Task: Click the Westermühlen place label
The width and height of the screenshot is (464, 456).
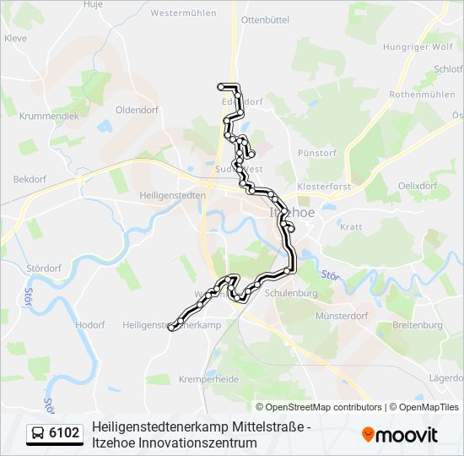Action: point(182,13)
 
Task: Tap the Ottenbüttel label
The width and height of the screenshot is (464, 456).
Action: point(265,18)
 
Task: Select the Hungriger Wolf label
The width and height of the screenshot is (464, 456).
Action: point(418,46)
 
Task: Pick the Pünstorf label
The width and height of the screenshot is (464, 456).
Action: point(318,153)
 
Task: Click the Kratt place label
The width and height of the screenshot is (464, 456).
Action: point(350,226)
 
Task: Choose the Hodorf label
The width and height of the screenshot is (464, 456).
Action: point(89,324)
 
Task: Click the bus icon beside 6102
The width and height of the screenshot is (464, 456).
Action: point(38,434)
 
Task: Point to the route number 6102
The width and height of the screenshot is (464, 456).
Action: point(65,434)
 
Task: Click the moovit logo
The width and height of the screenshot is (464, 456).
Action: point(401,434)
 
